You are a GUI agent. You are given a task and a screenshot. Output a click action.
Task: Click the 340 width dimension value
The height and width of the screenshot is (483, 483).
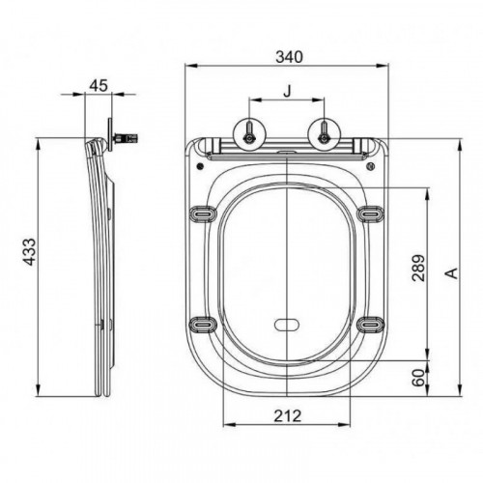coord(289,57)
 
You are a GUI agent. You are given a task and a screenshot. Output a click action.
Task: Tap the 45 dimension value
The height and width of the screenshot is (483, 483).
coord(99,86)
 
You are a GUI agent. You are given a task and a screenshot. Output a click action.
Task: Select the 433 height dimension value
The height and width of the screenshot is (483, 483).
coord(30,252)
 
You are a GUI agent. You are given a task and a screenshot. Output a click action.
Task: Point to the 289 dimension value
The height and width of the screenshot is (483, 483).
coord(418,268)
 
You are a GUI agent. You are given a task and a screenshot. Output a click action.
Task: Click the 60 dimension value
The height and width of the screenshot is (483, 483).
coord(418,378)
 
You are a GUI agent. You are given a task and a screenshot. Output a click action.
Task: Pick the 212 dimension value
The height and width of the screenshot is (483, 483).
coord(288,416)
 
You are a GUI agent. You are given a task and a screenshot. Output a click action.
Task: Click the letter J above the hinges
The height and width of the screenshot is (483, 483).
coord(287,91)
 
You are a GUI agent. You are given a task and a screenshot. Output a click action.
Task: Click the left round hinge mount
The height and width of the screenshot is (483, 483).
coord(249,134)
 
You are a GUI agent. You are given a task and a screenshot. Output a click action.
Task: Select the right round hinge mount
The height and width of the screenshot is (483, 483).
coord(324,134)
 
